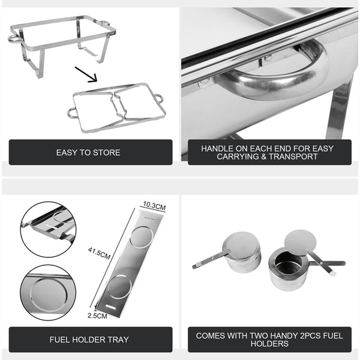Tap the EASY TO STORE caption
pos(88,152)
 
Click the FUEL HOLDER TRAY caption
pos(89,340)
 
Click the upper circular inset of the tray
pos(48,229)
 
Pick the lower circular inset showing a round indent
pos(47,293)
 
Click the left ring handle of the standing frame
pos(13,38)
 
